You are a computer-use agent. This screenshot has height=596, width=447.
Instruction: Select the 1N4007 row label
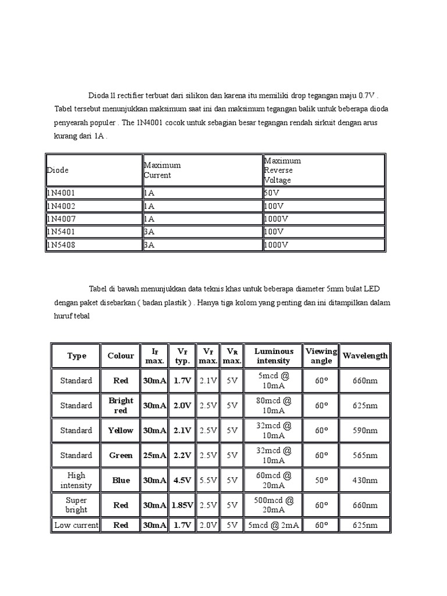click(61, 219)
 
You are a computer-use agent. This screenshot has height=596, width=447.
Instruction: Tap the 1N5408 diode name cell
click(61, 245)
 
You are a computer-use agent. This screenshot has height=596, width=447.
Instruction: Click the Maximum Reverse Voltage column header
click(282, 170)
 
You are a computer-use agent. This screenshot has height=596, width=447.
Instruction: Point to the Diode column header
click(58, 170)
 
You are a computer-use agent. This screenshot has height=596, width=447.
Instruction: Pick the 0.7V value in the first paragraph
click(368, 95)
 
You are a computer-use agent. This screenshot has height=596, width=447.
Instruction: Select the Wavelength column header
click(365, 356)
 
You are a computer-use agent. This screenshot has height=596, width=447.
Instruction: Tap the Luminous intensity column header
click(274, 356)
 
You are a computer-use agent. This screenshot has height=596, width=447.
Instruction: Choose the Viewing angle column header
click(321, 356)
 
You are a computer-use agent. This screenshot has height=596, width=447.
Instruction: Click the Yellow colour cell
click(121, 430)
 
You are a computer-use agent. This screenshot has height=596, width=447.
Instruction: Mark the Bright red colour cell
click(121, 405)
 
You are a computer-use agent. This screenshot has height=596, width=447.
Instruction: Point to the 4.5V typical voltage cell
click(182, 480)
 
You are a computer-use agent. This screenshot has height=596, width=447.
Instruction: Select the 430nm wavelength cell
click(365, 480)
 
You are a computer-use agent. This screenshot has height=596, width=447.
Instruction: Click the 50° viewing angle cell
click(321, 480)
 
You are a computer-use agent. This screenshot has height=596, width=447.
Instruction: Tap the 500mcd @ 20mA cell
click(274, 505)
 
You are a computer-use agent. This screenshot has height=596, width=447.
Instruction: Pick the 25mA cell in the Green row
click(154, 455)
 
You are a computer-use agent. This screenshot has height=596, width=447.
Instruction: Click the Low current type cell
click(76, 525)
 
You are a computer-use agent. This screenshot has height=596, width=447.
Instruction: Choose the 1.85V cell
click(182, 505)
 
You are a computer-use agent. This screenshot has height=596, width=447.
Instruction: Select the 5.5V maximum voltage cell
click(208, 480)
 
